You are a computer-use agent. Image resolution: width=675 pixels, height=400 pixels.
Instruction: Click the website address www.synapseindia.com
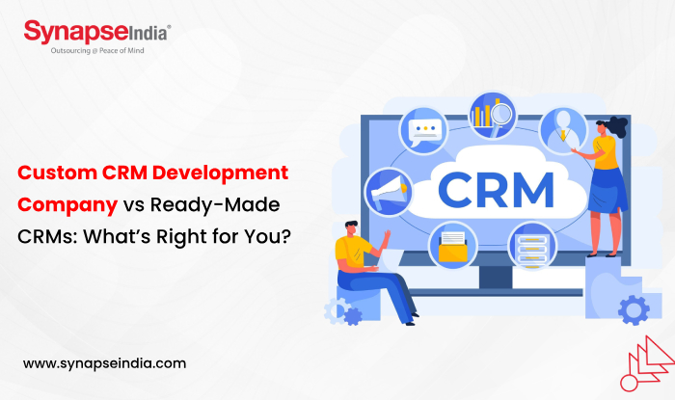coord(103,363)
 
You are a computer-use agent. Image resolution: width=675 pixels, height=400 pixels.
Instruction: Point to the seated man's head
coord(353,228)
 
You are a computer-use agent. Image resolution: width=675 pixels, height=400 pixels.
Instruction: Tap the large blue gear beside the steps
coord(633,308)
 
